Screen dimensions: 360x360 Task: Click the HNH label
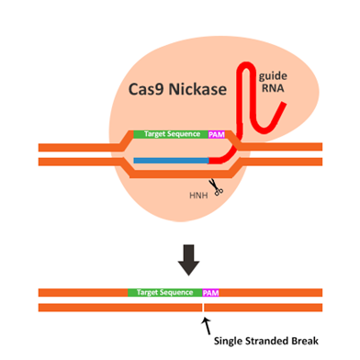pyautogui.click(x=197, y=194)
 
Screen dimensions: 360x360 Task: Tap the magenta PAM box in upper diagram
pyautogui.click(x=218, y=134)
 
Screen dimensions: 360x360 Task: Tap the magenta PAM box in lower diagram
pyautogui.click(x=210, y=292)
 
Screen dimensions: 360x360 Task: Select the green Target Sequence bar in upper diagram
pyautogui.click(x=171, y=134)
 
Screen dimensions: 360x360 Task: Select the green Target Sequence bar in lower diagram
pyautogui.click(x=164, y=292)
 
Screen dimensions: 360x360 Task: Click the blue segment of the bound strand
pyautogui.click(x=171, y=161)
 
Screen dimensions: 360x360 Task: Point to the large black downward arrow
pyautogui.click(x=187, y=259)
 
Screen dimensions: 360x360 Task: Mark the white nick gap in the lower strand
pyautogui.click(x=201, y=307)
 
